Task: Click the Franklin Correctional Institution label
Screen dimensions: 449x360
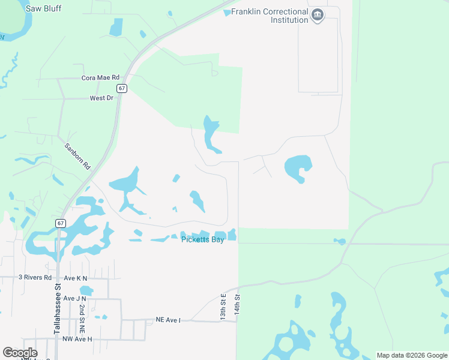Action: pos(270,16)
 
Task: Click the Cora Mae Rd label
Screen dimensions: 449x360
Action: pos(101,78)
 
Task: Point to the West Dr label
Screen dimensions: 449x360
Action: pos(101,98)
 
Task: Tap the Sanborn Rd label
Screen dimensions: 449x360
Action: pos(77,155)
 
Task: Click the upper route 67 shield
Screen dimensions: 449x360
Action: pos(122,88)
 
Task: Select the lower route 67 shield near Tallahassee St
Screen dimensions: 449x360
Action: pos(61,223)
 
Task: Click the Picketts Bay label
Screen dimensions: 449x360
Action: pos(203,240)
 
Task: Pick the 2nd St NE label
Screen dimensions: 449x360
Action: pos(81,318)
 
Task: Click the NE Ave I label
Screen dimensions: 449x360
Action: pos(168,320)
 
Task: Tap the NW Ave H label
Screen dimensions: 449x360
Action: pos(77,339)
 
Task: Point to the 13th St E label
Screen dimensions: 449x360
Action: pos(223,305)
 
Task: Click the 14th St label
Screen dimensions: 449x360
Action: pos(238,305)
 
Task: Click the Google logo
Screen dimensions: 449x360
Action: pos(20,352)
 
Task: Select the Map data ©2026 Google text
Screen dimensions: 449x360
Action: pos(411,355)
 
